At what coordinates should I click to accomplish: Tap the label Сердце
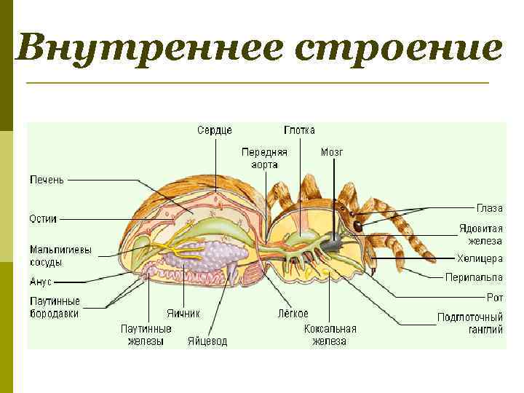(215, 130)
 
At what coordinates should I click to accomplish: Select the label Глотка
(299, 130)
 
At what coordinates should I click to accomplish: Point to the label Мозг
(332, 153)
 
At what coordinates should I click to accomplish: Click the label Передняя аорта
(264, 159)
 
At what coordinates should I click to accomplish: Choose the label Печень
(47, 179)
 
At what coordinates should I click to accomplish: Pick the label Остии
(43, 218)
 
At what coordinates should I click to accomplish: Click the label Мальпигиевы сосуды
(61, 255)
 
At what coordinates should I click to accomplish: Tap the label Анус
(41, 281)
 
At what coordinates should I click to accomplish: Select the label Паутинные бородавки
(55, 307)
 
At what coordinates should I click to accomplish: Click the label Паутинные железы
(146, 334)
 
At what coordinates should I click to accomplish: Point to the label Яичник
(183, 314)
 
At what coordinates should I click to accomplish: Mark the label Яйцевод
(207, 341)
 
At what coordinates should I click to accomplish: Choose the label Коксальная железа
(330, 334)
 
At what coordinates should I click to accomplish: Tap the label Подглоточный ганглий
(470, 322)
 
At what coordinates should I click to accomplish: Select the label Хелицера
(480, 258)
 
